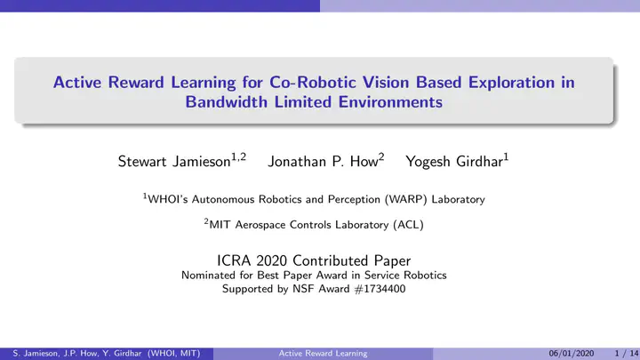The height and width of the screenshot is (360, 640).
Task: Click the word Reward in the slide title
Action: (x=136, y=83)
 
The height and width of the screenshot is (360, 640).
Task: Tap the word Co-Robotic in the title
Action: (x=313, y=83)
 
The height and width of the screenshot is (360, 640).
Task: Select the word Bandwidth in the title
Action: (x=226, y=102)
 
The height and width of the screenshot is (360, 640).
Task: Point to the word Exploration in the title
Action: (x=511, y=83)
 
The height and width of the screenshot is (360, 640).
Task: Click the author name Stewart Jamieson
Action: (x=174, y=162)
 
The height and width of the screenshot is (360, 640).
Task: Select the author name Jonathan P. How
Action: (x=323, y=162)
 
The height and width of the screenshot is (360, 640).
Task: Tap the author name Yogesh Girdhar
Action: (x=454, y=162)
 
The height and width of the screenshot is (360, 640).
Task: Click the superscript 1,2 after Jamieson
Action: (x=239, y=157)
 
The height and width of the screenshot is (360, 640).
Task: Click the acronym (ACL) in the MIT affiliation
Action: (x=408, y=225)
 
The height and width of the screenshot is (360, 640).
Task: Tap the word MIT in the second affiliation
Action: (x=220, y=225)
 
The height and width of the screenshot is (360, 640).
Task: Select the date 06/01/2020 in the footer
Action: (x=571, y=354)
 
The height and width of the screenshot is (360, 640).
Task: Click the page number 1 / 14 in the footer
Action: (x=627, y=354)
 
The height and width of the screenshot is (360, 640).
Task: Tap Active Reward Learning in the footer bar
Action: (x=323, y=354)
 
